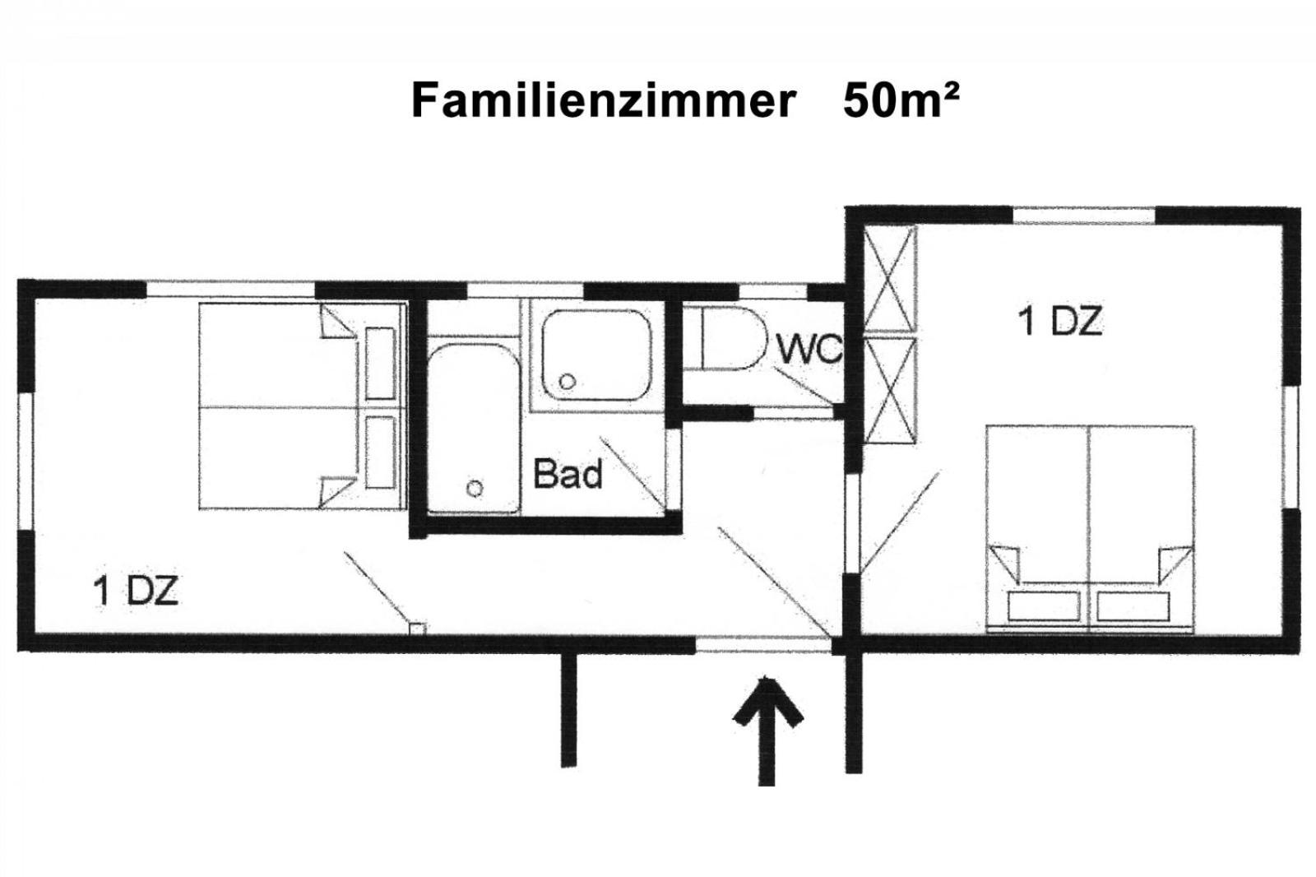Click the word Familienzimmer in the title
pos(604,101)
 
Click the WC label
pos(810,349)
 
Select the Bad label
pos(568,474)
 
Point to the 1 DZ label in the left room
pos(135,591)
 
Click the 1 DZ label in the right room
pos(1060,321)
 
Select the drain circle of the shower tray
pos(567,382)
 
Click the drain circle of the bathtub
pos(475,488)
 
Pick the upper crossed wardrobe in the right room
pos(890,279)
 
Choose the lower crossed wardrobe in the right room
pos(890,390)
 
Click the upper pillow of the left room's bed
pos(380,364)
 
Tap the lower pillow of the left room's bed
pos(380,452)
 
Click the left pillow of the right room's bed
pos(1044,606)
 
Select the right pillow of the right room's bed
pos(1133,606)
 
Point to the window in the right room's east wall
pos(1291,447)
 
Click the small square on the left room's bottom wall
pos(417,629)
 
